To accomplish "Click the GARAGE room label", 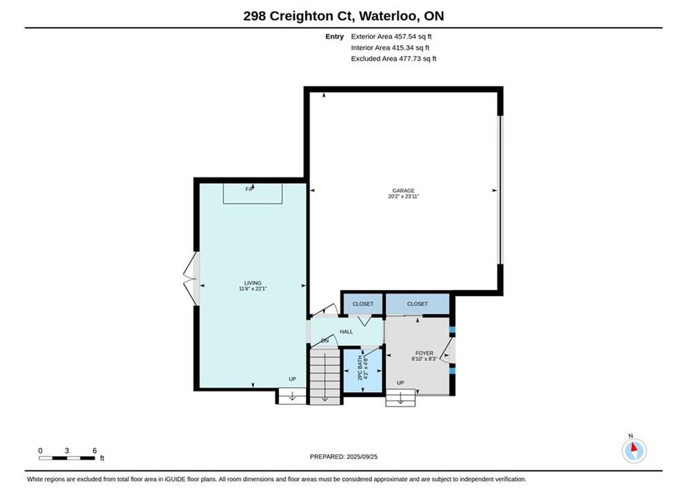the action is click(403, 191).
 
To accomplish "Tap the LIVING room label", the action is click(253, 283).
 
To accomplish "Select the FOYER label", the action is click(424, 353).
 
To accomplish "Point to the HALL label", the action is click(346, 331).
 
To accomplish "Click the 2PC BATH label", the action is click(360, 367).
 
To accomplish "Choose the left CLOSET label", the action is click(362, 304).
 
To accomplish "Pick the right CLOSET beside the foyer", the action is click(417, 304).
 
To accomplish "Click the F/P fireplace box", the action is click(253, 193).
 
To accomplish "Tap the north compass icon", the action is click(634, 449).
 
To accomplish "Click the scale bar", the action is click(66, 458).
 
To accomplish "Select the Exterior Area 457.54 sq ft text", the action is click(391, 37).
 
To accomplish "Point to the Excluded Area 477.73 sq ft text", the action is click(394, 58).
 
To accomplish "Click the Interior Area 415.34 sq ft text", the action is click(390, 48).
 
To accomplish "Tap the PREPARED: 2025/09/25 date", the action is click(344, 456).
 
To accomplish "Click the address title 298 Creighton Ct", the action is click(298, 16).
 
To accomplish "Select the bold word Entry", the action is click(334, 37).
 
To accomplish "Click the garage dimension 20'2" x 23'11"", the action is click(403, 196).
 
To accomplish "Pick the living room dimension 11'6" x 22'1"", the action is click(253, 289).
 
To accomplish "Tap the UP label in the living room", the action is click(292, 379).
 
